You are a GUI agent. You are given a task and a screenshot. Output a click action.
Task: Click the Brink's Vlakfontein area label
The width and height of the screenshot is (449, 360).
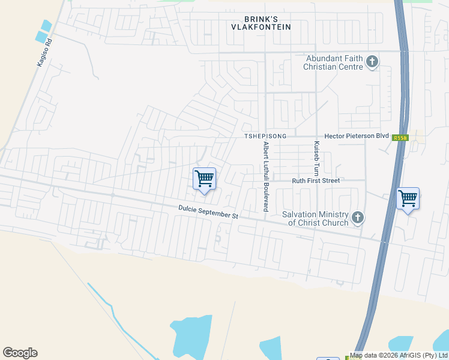262,23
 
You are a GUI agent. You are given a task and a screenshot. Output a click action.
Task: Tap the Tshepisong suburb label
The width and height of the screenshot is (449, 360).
265,137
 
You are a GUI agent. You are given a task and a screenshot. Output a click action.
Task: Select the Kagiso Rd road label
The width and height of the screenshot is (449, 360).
45,53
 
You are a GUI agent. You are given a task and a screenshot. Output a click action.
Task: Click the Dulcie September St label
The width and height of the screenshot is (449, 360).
208,212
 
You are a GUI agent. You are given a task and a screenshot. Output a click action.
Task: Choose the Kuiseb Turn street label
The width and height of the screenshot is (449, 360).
316,158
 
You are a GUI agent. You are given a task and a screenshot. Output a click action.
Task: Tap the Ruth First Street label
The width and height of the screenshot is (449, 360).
316,181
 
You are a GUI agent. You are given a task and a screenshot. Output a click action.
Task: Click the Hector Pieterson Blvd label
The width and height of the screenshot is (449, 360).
357,137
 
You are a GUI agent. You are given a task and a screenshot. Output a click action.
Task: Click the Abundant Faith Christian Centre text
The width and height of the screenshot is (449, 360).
334,62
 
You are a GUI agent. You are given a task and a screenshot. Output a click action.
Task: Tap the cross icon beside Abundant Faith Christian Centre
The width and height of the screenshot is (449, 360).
372,62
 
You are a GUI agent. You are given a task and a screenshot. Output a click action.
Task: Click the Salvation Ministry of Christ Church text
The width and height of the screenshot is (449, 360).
318,219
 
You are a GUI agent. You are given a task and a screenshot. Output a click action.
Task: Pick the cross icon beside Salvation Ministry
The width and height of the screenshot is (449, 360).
358,217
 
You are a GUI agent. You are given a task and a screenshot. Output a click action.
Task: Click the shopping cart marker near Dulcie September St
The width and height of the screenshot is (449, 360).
204,179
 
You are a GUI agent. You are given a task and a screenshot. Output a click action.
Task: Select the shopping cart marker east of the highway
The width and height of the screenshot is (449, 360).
408,198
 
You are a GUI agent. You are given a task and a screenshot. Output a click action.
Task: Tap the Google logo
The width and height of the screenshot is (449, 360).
20,353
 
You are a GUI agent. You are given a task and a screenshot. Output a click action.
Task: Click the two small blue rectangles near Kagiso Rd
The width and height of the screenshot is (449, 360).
44,32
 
